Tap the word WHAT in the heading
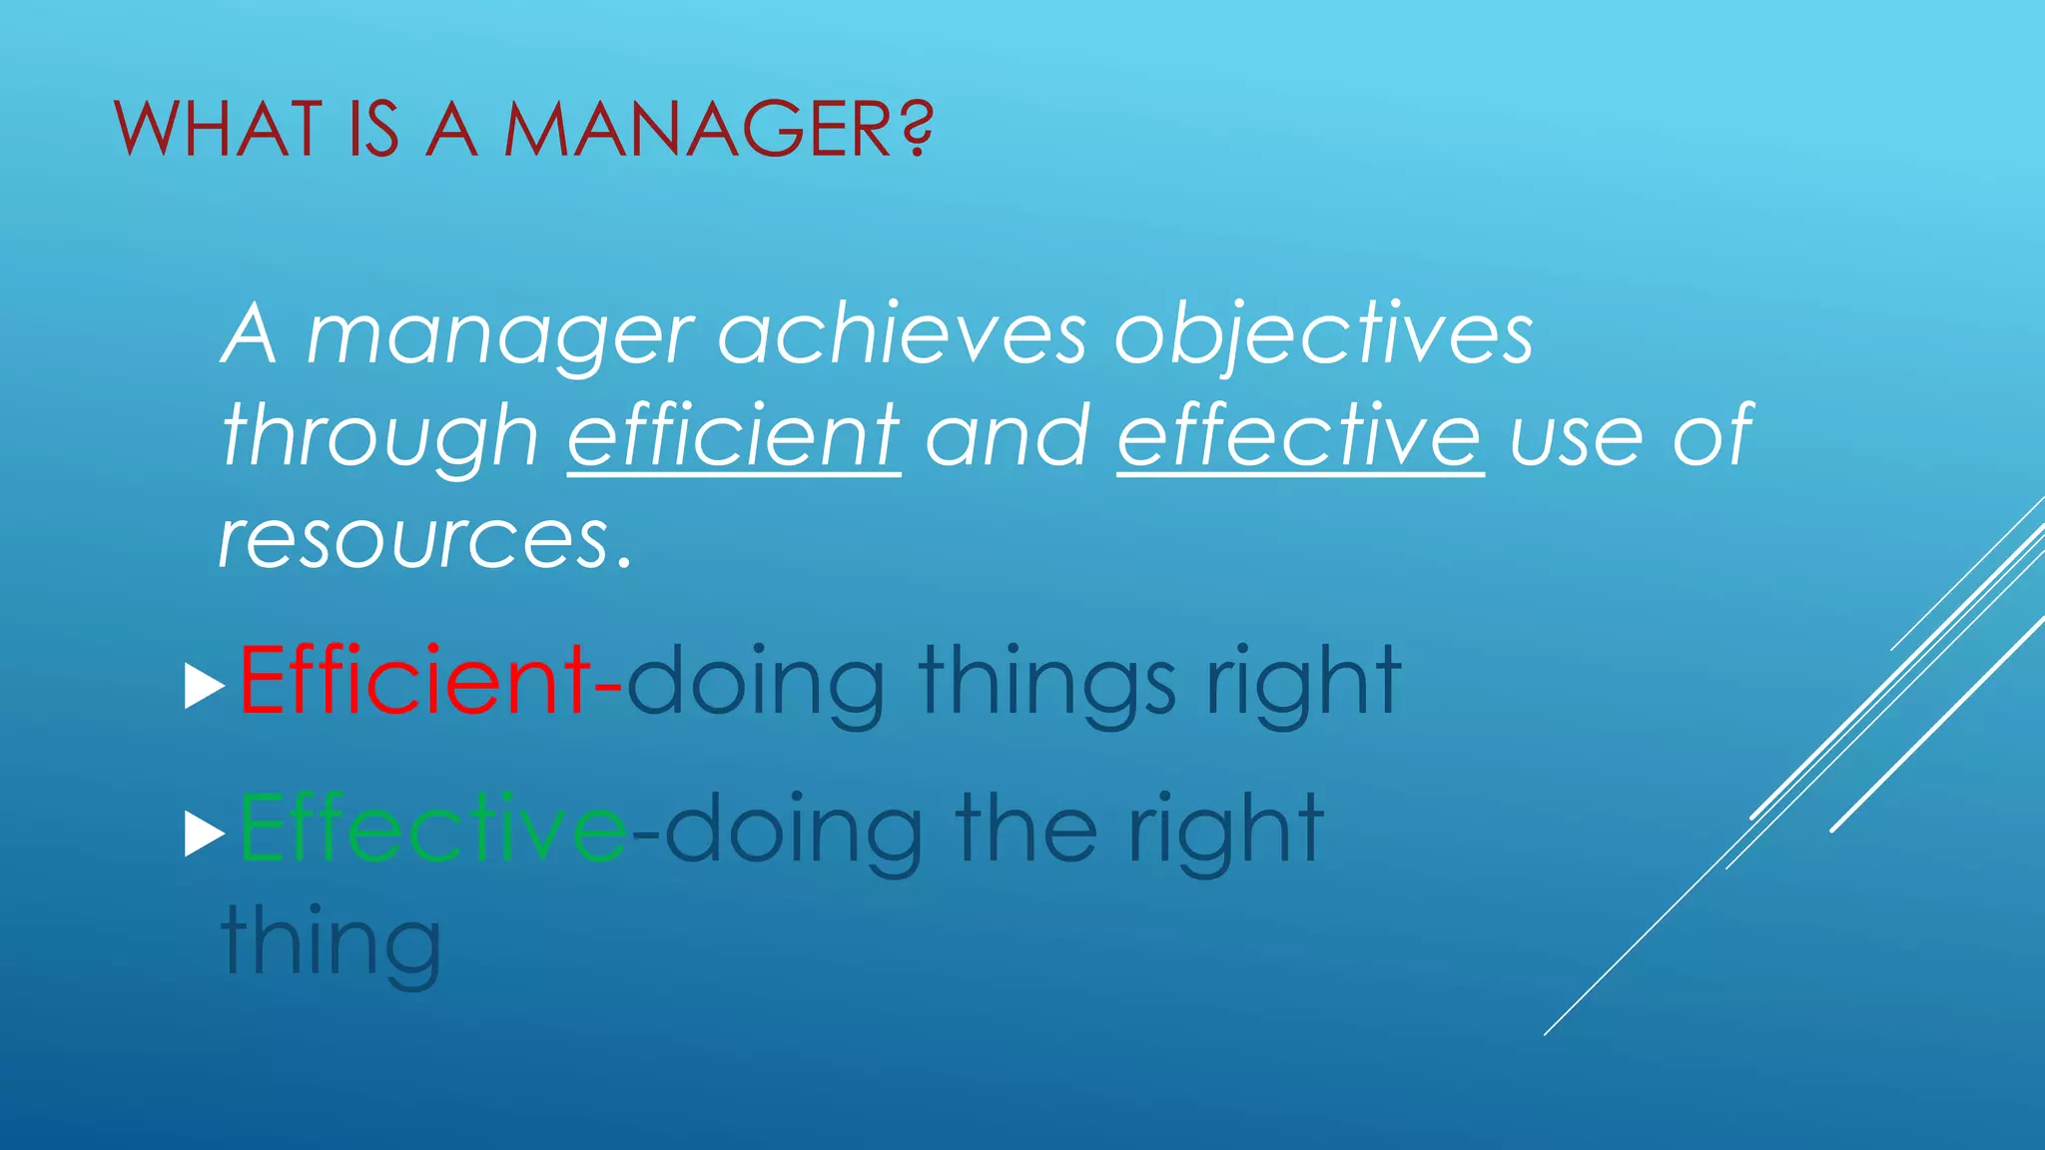click(x=219, y=129)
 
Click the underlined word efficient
click(x=734, y=435)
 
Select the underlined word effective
click(x=1299, y=435)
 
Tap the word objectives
click(x=1323, y=335)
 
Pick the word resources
click(x=413, y=539)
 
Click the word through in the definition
click(x=380, y=437)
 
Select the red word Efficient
click(x=414, y=681)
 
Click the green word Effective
click(x=432, y=828)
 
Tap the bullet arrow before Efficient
click(x=205, y=689)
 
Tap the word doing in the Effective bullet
click(x=794, y=830)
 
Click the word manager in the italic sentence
click(x=499, y=335)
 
